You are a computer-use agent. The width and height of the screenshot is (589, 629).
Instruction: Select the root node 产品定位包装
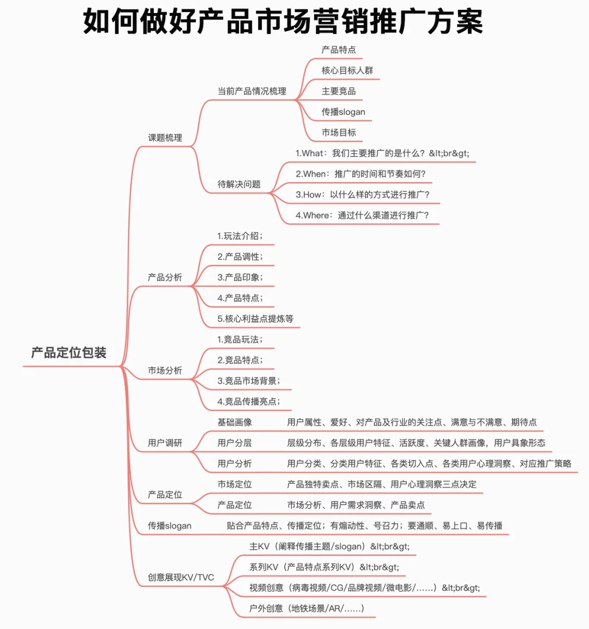[69, 353]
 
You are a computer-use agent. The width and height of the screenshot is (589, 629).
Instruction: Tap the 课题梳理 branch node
[165, 137]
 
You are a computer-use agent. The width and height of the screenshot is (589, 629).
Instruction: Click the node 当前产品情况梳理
[252, 91]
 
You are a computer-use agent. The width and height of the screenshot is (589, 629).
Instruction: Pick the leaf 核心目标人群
[347, 71]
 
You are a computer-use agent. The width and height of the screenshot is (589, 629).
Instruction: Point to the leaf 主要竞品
[339, 91]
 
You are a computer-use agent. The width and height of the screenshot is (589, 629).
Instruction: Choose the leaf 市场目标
[339, 132]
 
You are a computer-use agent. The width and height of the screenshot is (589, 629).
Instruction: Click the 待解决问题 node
[239, 184]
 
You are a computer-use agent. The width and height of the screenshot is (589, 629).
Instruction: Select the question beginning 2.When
[360, 174]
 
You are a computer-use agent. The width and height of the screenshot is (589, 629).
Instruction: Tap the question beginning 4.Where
[362, 215]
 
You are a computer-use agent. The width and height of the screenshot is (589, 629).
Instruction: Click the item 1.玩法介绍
[240, 236]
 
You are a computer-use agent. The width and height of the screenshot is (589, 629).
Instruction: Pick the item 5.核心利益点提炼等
[255, 319]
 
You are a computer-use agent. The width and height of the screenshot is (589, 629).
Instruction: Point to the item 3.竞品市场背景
[249, 380]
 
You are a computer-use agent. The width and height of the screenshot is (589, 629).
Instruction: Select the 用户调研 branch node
[165, 443]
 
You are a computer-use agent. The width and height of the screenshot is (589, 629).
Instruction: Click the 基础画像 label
[235, 422]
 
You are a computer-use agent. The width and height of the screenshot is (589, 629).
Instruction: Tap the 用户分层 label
[235, 443]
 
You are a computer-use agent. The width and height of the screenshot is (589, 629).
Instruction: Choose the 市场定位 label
[235, 484]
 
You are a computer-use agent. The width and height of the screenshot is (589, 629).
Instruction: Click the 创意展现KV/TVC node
[181, 577]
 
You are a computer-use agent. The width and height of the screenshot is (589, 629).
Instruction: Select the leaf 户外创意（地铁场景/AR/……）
[306, 608]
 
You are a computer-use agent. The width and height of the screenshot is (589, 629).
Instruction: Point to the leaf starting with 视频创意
[364, 588]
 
